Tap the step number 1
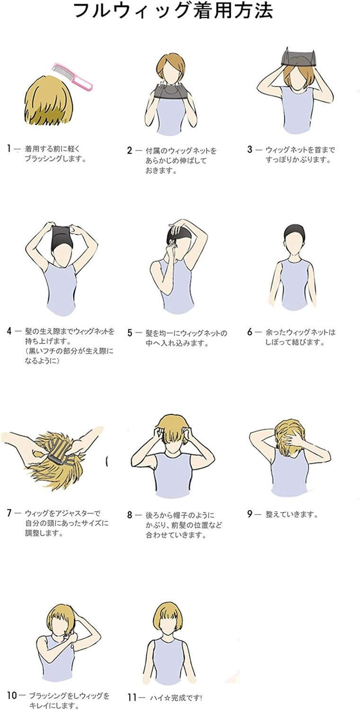point(9,148)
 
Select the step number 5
point(130,333)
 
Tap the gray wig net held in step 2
point(171,92)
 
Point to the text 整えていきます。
point(291,514)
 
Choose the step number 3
point(250,149)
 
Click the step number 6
point(250,332)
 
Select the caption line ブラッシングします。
point(56,159)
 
